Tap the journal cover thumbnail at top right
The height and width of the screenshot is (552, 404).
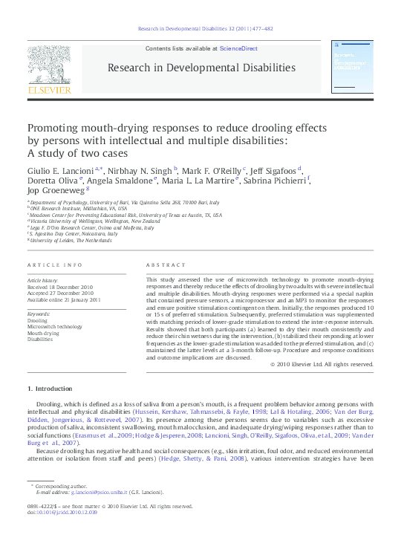(x=352, y=69)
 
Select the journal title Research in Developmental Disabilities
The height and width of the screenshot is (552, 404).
(x=201, y=68)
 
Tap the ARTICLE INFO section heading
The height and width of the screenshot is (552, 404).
(x=55, y=265)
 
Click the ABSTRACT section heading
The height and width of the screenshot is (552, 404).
(x=161, y=265)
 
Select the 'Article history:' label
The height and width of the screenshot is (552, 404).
(x=45, y=280)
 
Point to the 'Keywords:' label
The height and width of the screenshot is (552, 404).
(x=39, y=314)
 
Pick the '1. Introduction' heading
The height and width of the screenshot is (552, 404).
(x=50, y=389)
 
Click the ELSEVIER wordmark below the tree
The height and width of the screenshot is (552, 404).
(x=49, y=90)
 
